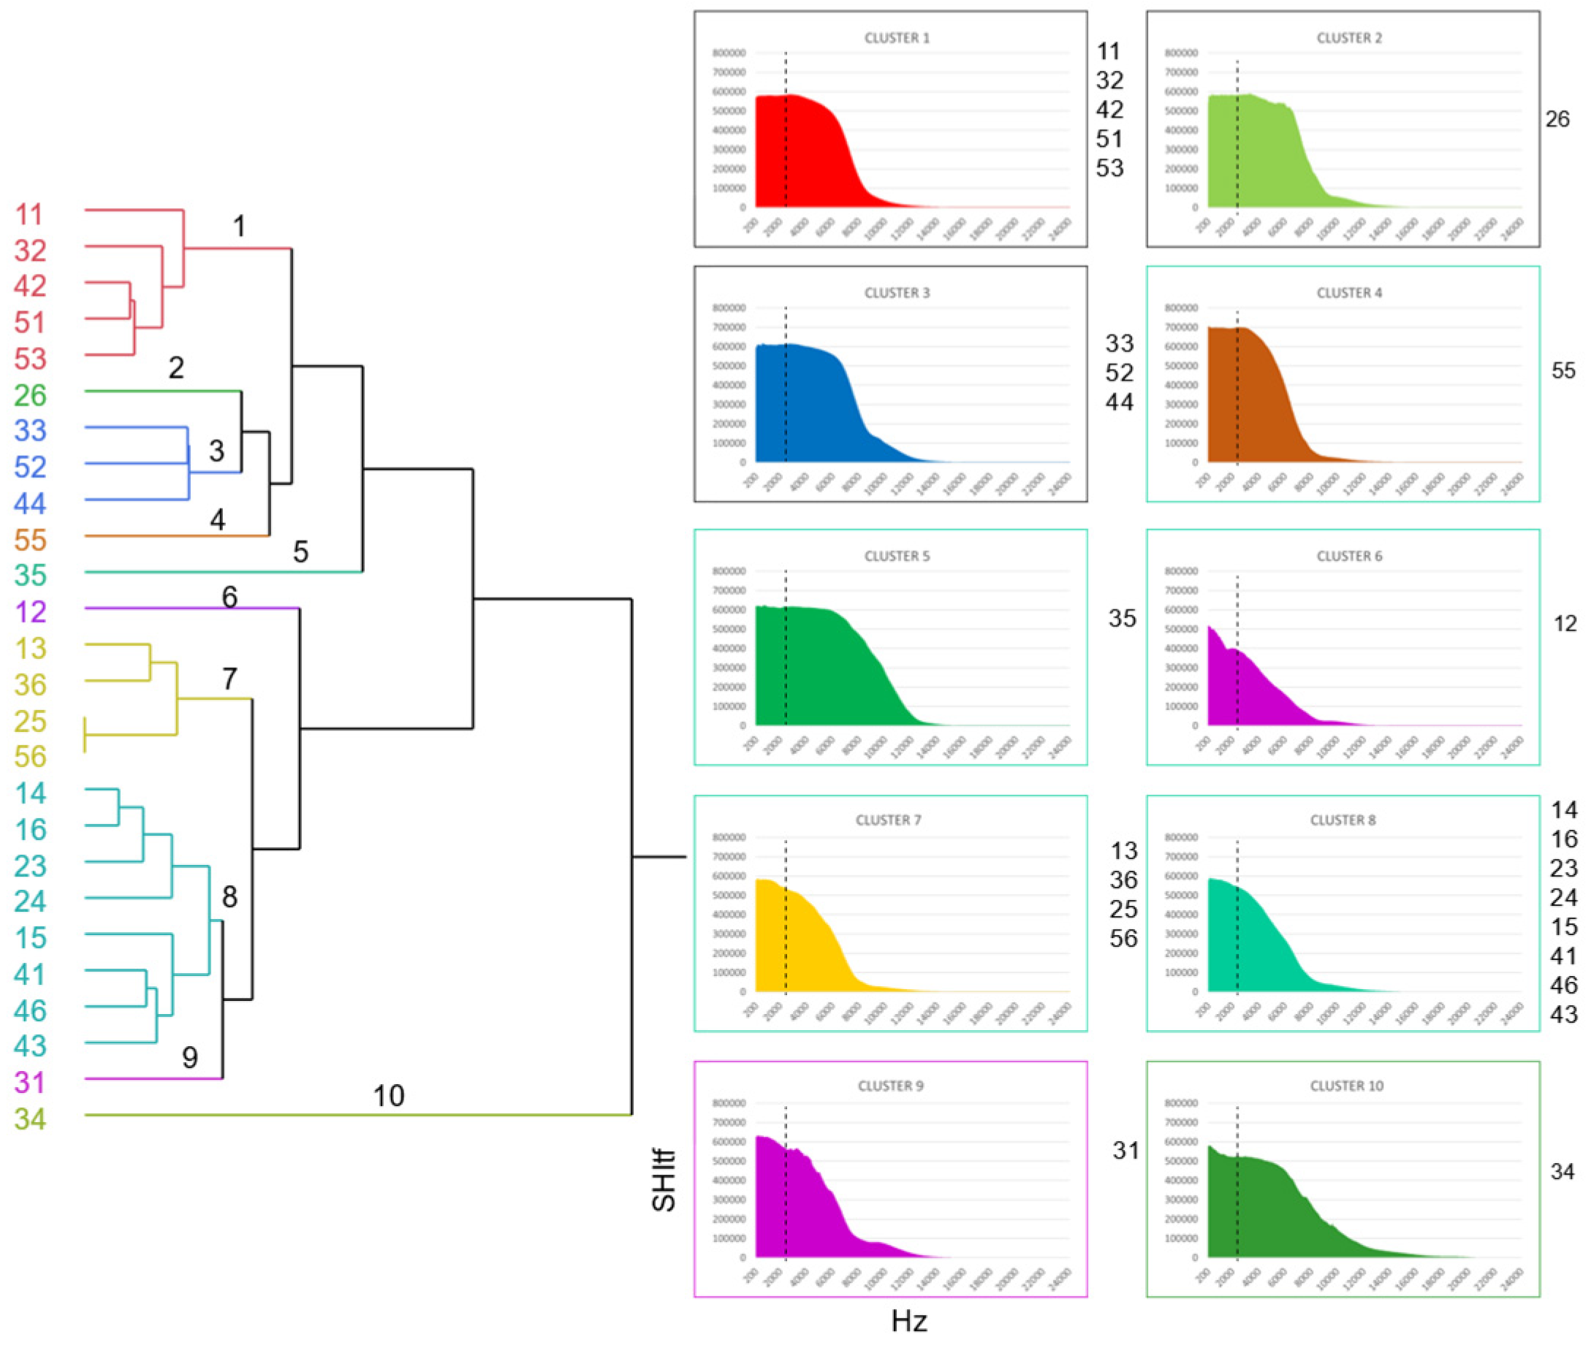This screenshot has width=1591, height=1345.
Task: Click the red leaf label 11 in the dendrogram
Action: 30,214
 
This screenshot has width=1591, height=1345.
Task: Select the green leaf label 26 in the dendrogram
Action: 30,395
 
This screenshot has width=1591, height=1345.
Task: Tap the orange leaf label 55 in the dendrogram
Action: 30,540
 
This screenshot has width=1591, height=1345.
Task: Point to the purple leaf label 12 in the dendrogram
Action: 30,611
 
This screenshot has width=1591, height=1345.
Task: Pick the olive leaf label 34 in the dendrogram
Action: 30,1119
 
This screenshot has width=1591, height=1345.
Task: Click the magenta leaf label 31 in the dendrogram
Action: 30,1082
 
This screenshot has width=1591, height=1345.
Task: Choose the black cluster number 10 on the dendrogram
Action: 388,1096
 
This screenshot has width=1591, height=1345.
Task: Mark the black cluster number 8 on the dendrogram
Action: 229,896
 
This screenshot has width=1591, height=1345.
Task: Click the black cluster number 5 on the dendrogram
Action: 300,552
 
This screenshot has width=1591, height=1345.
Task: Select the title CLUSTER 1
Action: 896,37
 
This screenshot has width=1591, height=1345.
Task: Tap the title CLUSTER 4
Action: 1348,293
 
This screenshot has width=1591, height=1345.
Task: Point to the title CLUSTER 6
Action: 1348,556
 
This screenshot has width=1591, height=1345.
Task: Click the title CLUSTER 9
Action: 890,1086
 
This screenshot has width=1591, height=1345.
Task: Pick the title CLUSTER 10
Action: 1346,1086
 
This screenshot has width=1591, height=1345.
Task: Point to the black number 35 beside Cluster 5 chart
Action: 1122,618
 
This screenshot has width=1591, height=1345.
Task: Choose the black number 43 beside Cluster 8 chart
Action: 1563,1014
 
